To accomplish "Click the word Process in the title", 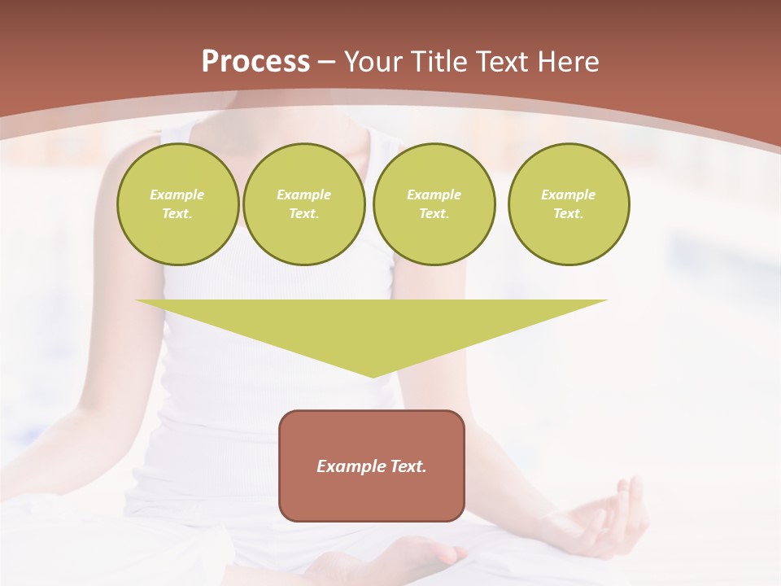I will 255,62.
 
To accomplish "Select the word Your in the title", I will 374,62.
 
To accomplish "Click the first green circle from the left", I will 177,203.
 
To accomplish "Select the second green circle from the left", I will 303,203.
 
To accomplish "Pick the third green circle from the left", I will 434,203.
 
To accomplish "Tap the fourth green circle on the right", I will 569,203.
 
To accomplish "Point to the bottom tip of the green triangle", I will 373,375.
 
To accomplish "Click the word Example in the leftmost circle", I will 177,195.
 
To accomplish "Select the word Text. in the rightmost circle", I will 569,213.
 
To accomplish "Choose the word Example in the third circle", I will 434,195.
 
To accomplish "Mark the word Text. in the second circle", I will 303,213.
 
